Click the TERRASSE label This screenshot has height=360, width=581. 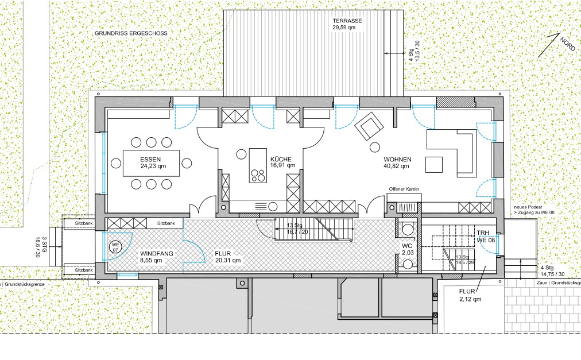coord(347,21)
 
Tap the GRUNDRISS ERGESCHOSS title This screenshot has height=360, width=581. coord(131,33)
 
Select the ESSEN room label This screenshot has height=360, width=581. coord(150,160)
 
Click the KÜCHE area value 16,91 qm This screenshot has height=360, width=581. coord(282,165)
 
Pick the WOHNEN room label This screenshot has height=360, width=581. coord(398,160)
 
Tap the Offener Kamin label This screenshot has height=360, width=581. coord(404,189)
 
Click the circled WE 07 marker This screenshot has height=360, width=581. coord(115,246)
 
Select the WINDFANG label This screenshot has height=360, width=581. coord(156,254)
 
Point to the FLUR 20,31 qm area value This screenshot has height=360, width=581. coord(228,260)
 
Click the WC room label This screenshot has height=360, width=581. coord(408,246)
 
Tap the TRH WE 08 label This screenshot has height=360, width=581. coord(485,236)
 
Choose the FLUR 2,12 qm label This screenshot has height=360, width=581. coord(470,296)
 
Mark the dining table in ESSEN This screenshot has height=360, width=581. coord(151,163)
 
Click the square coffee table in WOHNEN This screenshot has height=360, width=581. coord(434,165)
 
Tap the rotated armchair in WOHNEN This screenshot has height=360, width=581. coord(369,126)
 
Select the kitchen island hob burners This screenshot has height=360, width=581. coord(258,176)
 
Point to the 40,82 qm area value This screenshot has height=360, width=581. coord(397,166)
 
